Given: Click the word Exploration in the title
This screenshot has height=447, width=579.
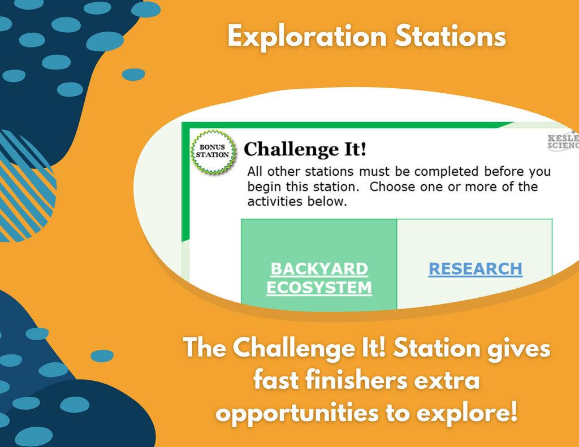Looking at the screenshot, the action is click(307, 37).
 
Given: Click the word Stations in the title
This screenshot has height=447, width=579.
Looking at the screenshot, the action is click(450, 36).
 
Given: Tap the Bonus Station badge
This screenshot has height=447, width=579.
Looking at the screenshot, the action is click(213, 151).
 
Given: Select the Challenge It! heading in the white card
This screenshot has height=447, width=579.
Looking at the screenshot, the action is click(305, 149).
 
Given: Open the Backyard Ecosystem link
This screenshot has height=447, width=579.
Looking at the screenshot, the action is click(319, 278).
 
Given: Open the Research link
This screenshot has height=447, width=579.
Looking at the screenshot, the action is click(475, 269).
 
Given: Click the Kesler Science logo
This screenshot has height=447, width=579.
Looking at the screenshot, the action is click(563, 141).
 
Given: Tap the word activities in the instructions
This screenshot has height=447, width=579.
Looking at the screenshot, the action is click(275, 202).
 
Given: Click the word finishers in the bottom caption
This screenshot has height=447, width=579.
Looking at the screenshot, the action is click(356, 380).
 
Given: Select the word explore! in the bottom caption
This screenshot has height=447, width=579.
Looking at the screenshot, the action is click(466, 413).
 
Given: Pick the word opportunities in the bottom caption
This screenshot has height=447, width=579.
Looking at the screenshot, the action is click(297, 413).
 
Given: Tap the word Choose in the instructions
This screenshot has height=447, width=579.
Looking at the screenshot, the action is click(392, 187).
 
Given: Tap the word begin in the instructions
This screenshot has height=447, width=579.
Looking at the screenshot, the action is click(264, 187).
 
